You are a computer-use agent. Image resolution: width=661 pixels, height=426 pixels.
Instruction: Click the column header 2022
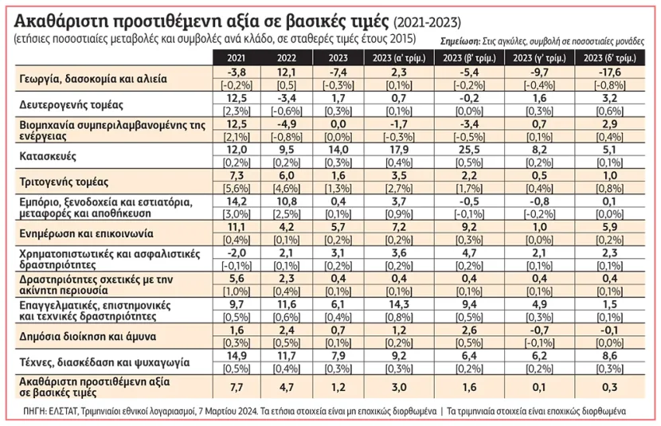[x=287, y=57]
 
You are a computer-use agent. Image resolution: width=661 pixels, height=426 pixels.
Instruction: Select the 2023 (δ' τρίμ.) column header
[x=609, y=57]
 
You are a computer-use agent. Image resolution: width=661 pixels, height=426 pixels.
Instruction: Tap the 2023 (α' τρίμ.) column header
[x=399, y=57]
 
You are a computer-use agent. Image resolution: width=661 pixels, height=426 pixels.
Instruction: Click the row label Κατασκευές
[x=48, y=156]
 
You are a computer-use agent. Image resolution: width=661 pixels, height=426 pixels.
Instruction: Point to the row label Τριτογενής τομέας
[x=64, y=182]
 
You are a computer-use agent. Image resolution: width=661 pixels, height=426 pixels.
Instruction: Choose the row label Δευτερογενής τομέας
[x=71, y=105]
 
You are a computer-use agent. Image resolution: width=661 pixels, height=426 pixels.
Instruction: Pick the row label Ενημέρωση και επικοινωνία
[x=87, y=234]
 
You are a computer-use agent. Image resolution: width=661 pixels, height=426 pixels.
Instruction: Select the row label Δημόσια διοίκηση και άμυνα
[x=88, y=337]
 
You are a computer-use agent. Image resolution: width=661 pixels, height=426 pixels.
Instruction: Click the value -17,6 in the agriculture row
[x=609, y=72]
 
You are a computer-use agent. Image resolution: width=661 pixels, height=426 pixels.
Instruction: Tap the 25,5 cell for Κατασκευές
[x=469, y=150]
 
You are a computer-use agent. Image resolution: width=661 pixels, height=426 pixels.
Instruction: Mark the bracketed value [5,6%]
[x=237, y=189]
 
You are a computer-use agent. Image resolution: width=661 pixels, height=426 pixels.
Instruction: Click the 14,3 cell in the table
[x=399, y=304]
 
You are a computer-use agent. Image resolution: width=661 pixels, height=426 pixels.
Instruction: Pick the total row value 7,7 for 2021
[x=237, y=387]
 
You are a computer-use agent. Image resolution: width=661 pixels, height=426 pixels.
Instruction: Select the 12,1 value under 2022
[x=287, y=72]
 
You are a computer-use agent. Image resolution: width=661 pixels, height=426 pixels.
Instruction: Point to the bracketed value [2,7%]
[x=399, y=189]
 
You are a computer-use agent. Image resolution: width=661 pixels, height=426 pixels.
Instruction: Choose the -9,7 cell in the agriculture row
[x=539, y=72]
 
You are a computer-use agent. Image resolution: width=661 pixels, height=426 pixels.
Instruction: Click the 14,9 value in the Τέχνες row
[x=237, y=356]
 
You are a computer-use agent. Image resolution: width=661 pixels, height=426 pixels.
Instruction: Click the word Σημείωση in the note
[x=460, y=41]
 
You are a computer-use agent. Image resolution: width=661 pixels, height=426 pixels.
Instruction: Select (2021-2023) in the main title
[x=427, y=22]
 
